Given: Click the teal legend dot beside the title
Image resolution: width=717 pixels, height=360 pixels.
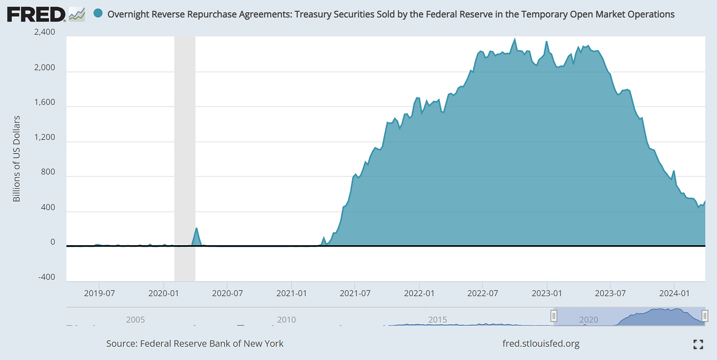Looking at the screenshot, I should (98, 14).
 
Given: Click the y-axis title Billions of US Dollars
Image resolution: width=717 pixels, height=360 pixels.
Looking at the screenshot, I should (16, 159).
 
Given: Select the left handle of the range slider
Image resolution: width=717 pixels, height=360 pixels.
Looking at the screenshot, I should (554, 316).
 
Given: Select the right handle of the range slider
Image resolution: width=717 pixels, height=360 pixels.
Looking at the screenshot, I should (705, 316).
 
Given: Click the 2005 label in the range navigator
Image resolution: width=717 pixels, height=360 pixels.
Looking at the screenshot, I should (135, 319).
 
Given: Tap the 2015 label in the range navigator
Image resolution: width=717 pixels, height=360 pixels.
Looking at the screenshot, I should (438, 319).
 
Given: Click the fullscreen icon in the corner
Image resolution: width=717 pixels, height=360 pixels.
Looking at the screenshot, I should (698, 344).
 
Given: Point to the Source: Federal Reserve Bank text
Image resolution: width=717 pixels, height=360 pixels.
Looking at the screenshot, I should (195, 344).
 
